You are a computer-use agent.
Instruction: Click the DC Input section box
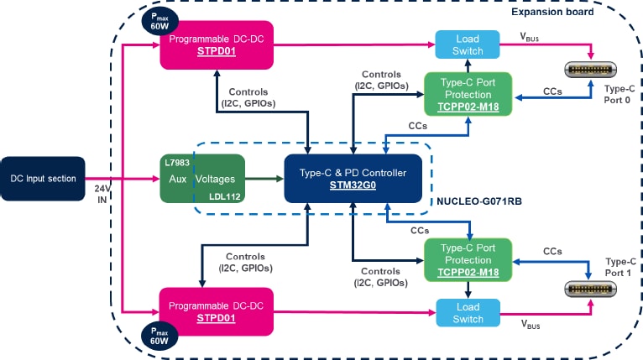(43, 178)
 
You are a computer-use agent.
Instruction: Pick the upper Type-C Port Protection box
(468, 98)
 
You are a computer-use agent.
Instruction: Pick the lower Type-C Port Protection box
(468, 259)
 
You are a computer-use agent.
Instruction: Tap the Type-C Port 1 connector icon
(592, 288)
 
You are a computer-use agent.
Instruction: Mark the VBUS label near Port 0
(531, 38)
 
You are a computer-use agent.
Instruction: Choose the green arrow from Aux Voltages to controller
(264, 178)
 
